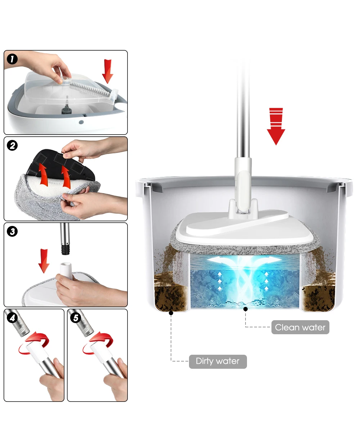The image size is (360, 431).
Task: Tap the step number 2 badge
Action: pos(12,146)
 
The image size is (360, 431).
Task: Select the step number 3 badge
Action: pos(12,231)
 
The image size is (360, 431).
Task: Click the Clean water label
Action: pos(300,327)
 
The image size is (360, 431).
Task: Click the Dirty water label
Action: pos(217,361)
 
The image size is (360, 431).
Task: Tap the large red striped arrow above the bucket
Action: pos(276,126)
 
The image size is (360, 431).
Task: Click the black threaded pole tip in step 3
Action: pos(65,249)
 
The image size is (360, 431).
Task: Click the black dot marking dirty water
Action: pos(171,313)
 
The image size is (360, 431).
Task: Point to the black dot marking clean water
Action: pos(246,308)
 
